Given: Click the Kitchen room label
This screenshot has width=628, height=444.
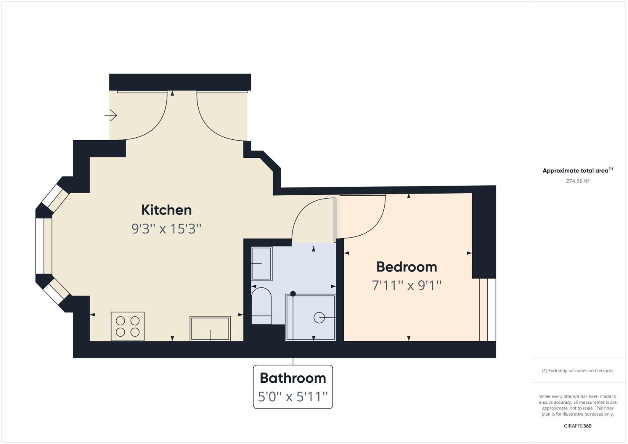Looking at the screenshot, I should click(x=167, y=210).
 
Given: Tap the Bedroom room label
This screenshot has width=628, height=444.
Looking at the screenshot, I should click(x=407, y=267).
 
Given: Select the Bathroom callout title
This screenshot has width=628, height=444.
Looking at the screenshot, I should click(x=293, y=378).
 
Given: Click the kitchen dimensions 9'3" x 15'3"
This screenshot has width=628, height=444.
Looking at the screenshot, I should click(x=167, y=229).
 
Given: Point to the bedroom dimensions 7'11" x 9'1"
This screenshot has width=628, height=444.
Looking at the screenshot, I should click(x=407, y=285).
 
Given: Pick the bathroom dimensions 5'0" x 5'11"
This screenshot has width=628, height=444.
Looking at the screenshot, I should click(x=293, y=397).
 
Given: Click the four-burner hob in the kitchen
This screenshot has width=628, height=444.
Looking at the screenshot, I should click(x=127, y=326).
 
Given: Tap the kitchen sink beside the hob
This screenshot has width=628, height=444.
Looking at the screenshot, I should click(x=210, y=328).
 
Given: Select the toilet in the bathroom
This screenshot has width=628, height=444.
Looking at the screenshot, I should click(x=261, y=306).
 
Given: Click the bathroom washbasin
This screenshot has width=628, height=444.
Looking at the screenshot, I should click(x=262, y=264).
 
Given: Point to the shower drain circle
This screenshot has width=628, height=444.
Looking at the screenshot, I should click(x=319, y=318).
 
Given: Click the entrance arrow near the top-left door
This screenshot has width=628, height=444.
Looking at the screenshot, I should click(x=111, y=116).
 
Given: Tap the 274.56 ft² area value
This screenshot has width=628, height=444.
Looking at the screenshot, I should click(x=577, y=181).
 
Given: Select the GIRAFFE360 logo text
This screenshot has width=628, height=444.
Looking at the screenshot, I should click(x=577, y=426).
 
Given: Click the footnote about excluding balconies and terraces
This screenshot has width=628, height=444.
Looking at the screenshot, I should click(x=577, y=371).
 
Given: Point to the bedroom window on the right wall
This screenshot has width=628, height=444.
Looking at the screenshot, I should click(x=487, y=310).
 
